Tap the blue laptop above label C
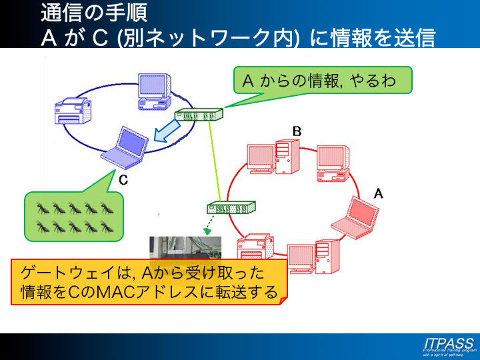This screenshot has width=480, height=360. tap(124, 145)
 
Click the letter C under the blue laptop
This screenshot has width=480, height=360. tap(123, 179)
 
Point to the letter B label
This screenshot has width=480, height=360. tap(297, 131)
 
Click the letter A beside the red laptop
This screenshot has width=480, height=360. tap(378, 194)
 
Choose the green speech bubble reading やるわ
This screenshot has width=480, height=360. tap(322, 81)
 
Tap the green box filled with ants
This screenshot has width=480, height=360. tap(74, 217)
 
